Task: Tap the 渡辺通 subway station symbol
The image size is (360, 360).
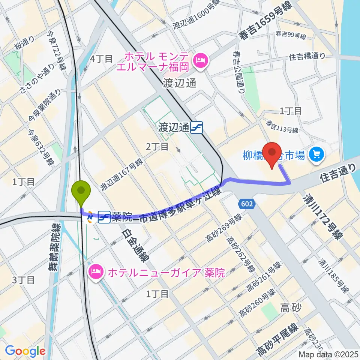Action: (196, 128)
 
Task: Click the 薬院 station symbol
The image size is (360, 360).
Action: (104, 217)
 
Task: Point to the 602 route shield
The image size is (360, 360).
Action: (247, 204)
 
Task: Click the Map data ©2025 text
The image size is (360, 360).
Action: (327, 354)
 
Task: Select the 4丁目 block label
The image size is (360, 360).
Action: (101, 58)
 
